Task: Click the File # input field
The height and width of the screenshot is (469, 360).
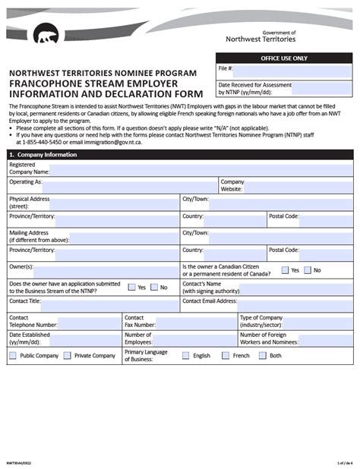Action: tap(293, 70)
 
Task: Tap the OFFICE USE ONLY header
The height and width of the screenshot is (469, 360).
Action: tap(284, 58)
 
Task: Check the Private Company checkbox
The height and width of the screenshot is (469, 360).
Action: tap(68, 355)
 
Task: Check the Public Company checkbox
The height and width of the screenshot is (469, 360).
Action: tap(13, 355)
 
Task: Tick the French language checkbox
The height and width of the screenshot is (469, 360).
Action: tap(225, 355)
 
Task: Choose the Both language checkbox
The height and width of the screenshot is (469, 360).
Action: tap(261, 355)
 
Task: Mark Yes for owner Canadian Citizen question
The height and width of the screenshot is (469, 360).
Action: tap(285, 270)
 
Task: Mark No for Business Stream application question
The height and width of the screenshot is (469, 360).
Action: tap(154, 288)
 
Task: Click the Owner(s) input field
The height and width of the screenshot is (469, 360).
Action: tap(106, 269)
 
